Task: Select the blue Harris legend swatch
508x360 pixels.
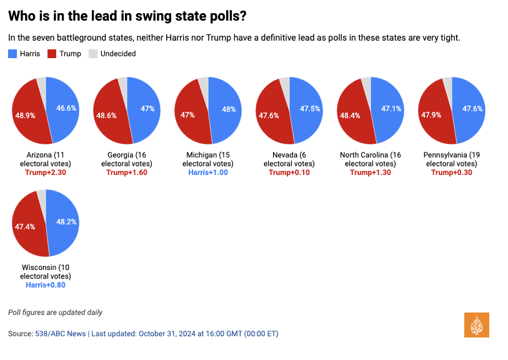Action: coord(12,54)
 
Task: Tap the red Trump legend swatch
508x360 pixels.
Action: coord(52,54)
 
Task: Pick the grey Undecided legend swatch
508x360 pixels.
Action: coord(93,54)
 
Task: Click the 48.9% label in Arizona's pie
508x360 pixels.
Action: coord(25,116)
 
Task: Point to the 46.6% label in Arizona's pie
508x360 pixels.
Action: coord(66,108)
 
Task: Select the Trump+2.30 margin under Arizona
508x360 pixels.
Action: coord(46,172)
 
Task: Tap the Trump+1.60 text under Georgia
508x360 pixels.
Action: coord(127,172)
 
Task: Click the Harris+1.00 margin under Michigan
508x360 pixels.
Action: coord(208,172)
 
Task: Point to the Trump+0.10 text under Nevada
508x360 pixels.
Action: coord(289,172)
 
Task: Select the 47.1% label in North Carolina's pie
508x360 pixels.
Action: coord(391,108)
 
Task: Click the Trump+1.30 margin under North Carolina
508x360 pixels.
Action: coord(371,172)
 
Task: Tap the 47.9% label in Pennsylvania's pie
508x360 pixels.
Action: coord(431,116)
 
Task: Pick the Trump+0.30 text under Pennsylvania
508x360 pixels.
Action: coord(452,172)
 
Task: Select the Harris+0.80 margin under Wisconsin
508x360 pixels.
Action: coord(46,285)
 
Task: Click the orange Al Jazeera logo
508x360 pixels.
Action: coord(476,325)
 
